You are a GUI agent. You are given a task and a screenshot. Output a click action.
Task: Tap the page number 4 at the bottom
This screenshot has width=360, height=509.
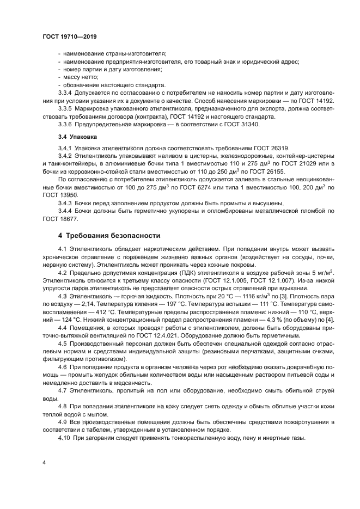[44, 463]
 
